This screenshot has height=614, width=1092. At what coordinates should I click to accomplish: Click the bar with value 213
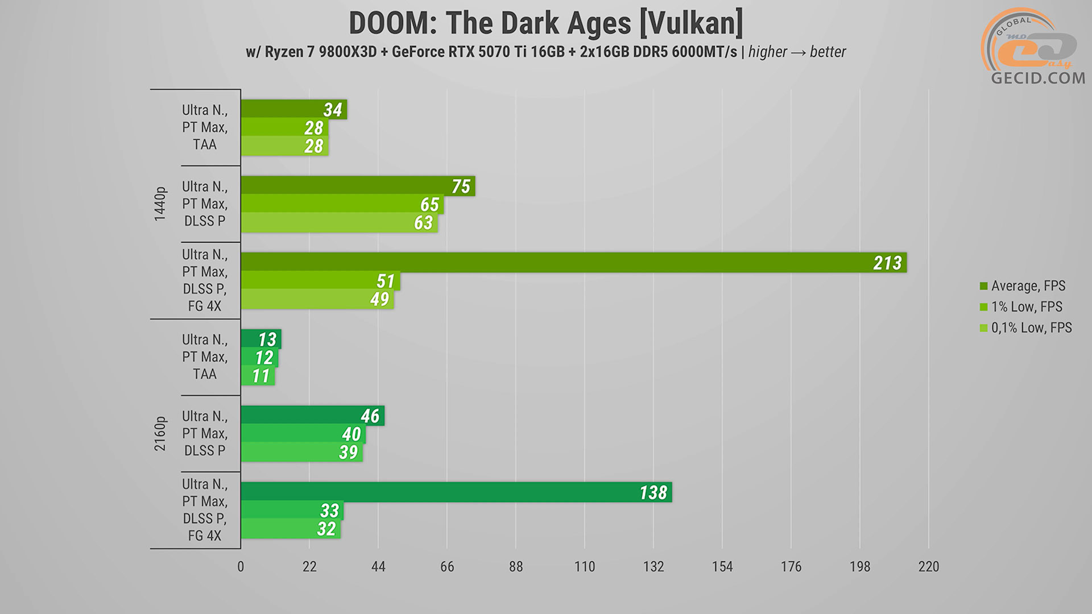[573, 263]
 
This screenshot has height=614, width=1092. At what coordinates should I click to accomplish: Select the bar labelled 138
[456, 492]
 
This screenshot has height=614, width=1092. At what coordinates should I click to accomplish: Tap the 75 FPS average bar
[357, 186]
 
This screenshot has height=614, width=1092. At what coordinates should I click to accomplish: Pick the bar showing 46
[312, 416]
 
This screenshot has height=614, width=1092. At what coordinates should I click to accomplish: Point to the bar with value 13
[260, 339]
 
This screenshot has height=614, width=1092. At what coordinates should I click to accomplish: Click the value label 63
[423, 223]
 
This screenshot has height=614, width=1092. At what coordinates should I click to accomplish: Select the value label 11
[260, 376]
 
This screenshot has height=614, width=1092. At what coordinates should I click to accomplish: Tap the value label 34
[333, 110]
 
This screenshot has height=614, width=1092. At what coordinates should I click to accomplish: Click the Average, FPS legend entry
[1028, 286]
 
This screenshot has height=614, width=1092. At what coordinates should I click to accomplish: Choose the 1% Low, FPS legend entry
[1026, 307]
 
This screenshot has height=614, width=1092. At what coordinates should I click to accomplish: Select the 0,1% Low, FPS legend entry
[1031, 328]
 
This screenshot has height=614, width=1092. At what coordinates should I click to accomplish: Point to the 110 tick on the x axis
[585, 567]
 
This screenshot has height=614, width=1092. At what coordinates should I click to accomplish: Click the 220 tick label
[928, 567]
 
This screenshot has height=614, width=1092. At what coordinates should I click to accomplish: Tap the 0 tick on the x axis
[241, 567]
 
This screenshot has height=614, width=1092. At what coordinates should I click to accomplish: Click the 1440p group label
[160, 204]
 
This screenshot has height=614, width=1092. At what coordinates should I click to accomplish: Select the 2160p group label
[160, 434]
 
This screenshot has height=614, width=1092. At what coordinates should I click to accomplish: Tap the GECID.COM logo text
[1038, 78]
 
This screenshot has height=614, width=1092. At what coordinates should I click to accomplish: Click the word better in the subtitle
[828, 52]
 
